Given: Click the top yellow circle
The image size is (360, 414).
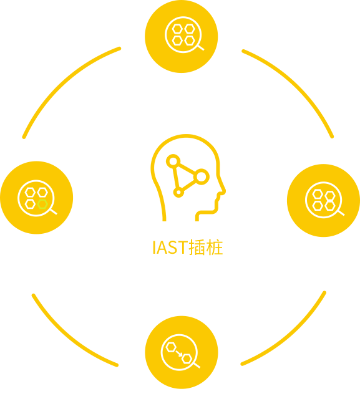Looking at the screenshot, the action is [181, 36].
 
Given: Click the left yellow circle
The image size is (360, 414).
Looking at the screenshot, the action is [36, 198].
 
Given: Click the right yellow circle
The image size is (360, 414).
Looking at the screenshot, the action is [323, 200].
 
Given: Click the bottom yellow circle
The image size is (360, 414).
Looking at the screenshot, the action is [182, 352].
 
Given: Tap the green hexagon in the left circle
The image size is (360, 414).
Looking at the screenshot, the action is [42, 204].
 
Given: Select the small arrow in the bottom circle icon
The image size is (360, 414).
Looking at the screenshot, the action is [179, 354].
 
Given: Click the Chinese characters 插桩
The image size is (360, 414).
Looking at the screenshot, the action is [206, 248].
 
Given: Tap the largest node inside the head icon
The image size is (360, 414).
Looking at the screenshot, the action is [202, 176].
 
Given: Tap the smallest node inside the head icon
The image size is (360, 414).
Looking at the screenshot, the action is [178, 192].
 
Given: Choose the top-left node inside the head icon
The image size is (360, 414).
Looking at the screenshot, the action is [173, 161].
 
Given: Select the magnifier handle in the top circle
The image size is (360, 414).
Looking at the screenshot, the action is [201, 48].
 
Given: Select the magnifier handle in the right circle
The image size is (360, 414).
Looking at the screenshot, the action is [341, 213].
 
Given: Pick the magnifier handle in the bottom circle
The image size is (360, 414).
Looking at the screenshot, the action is [197, 365].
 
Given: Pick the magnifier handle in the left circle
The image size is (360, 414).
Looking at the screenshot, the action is [54, 211].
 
